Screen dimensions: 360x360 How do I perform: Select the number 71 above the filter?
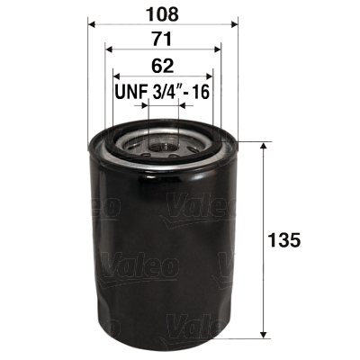tap(163, 40)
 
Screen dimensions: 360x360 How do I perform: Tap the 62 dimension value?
tap(163, 67)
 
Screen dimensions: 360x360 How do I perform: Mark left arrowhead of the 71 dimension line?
tap(109, 50)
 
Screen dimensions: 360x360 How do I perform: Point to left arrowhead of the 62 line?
tap(116, 76)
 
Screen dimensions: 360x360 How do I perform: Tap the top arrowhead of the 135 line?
tap(262, 147)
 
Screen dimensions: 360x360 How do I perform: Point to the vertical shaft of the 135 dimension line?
tap(262, 270)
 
